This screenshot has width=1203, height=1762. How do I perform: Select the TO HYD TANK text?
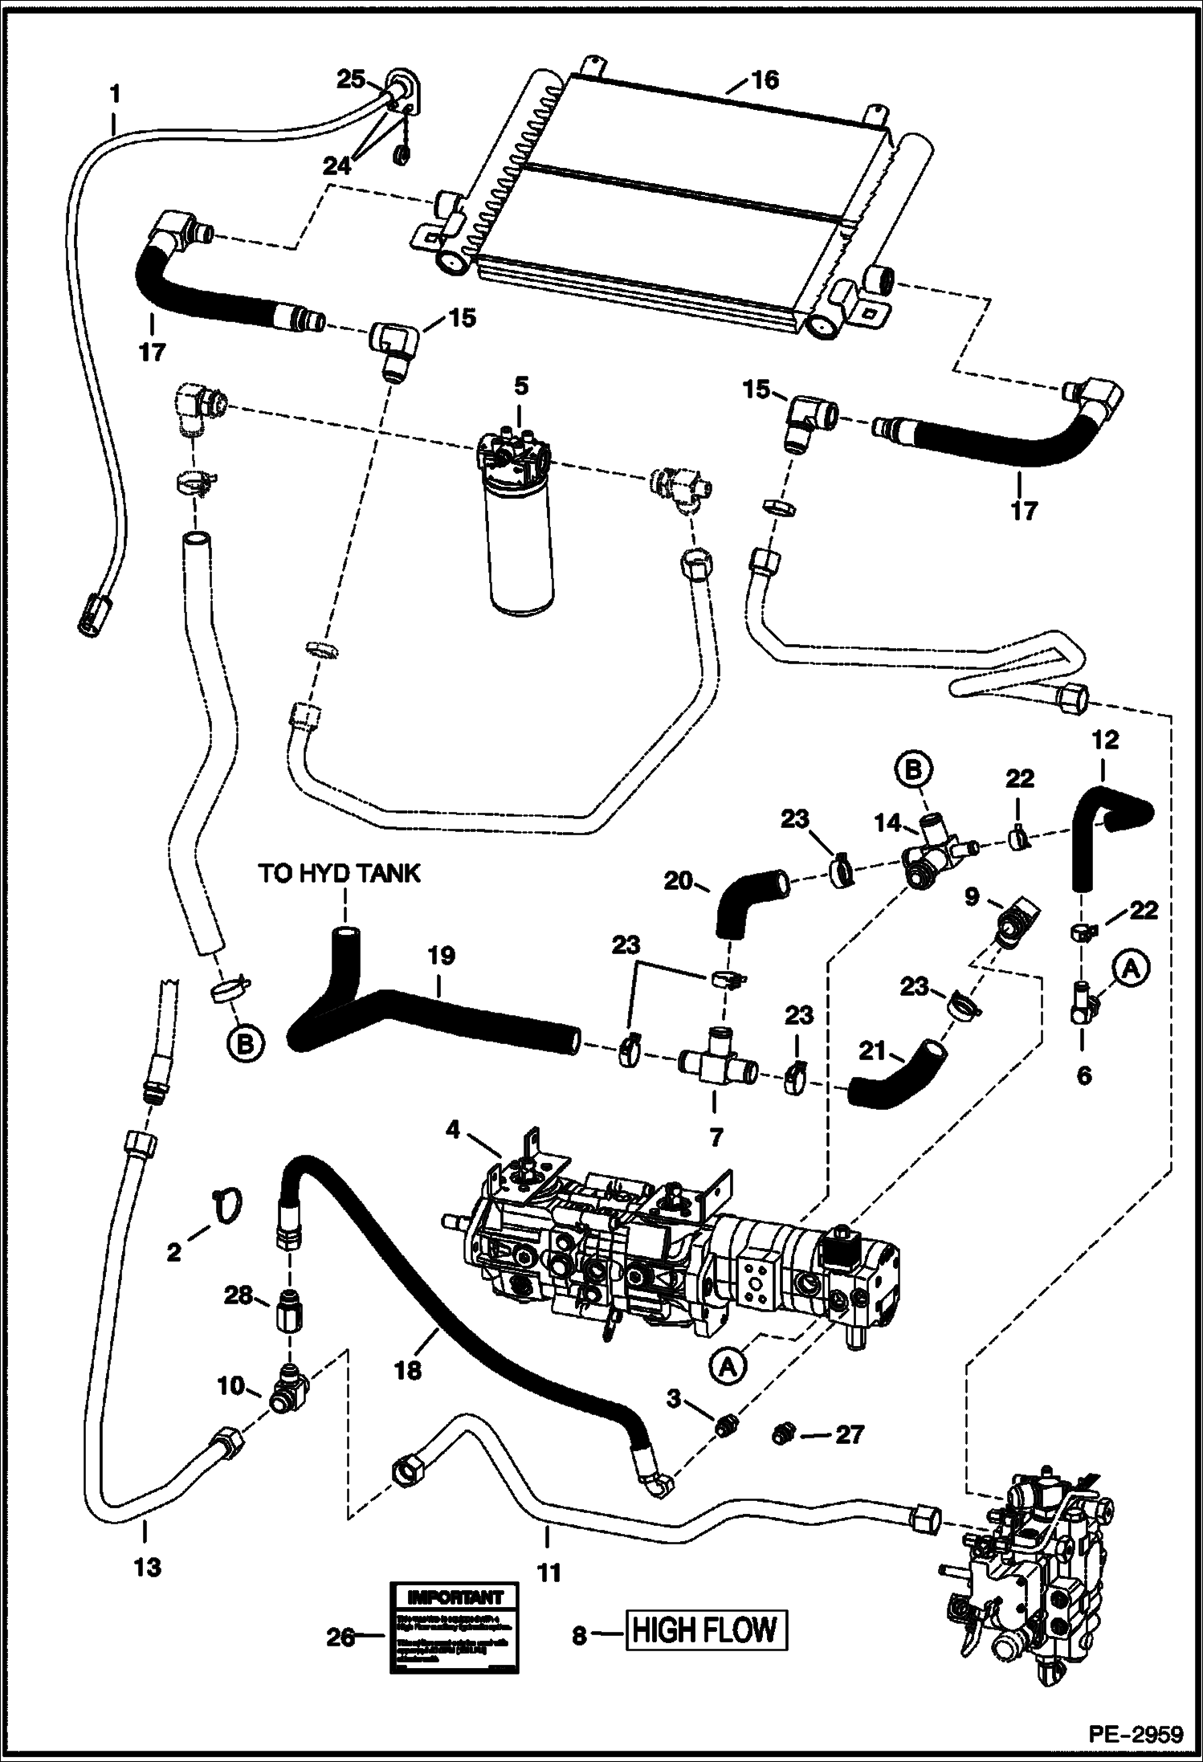click(340, 874)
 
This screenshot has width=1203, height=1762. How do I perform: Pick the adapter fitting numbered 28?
click(287, 1315)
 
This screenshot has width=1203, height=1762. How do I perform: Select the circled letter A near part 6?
click(1130, 970)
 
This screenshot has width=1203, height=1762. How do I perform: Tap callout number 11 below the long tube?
click(548, 1571)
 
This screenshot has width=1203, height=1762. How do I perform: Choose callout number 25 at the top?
click(351, 78)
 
